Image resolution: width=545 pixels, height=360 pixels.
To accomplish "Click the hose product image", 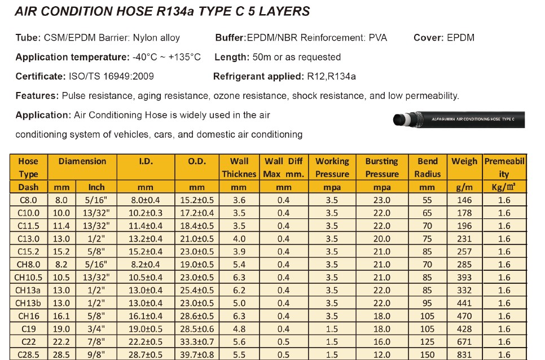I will click(458, 119).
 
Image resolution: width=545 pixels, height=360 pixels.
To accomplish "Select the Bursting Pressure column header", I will click(381, 168).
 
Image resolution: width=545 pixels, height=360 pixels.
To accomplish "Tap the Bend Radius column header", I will click(427, 168).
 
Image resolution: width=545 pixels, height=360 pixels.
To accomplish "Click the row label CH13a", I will click(28, 291).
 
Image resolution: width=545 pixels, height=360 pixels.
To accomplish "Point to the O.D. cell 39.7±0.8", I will click(197, 355).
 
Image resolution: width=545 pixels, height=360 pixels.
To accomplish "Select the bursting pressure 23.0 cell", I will click(381, 200).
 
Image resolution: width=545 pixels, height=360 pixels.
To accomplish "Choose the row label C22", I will click(28, 342).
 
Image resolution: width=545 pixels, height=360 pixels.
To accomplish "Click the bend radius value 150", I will click(427, 355).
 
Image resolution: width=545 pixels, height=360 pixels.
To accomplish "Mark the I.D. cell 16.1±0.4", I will click(146, 317).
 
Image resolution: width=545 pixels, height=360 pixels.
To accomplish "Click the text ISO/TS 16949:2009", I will click(111, 76).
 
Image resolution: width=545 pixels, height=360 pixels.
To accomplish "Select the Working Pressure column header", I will click(332, 168).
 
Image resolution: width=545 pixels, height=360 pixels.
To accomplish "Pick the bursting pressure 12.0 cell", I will click(381, 355).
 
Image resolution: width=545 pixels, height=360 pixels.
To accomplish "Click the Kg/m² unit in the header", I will click(504, 187).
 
